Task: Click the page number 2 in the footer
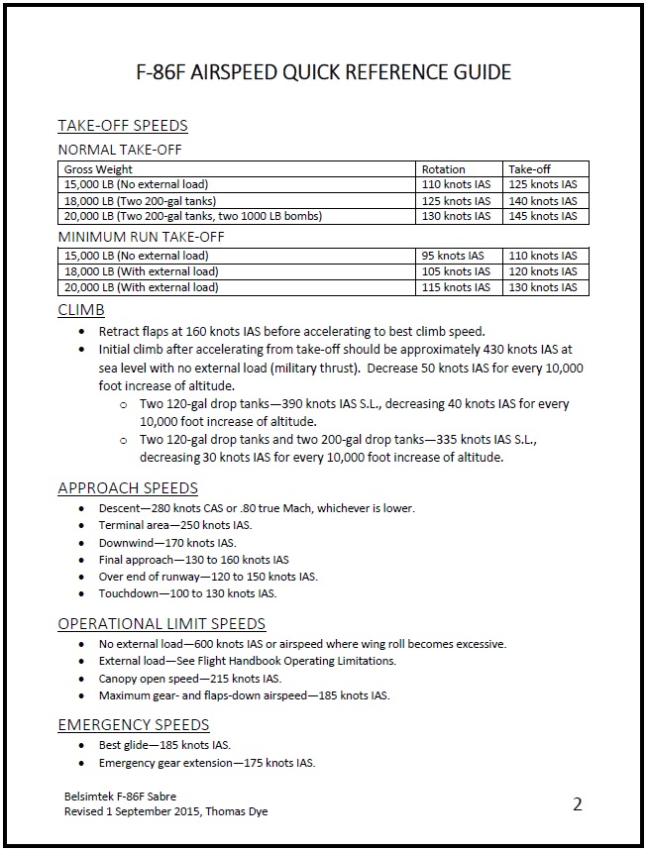pos(578,803)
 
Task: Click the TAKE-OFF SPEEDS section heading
pos(123,126)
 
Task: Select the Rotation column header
pos(443,169)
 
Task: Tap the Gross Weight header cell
pos(99,169)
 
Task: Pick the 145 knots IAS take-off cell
pos(542,216)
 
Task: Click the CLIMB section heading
pos(81,310)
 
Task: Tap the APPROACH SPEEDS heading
pos(128,487)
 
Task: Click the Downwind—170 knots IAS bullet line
pos(167,543)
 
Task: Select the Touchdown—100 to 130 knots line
pos(187,593)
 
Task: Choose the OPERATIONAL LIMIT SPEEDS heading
pos(162,623)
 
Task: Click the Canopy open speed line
pos(190,679)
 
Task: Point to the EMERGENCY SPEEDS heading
pos(134,724)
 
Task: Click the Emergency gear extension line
pos(207,763)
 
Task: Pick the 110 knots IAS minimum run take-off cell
pos(542,256)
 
